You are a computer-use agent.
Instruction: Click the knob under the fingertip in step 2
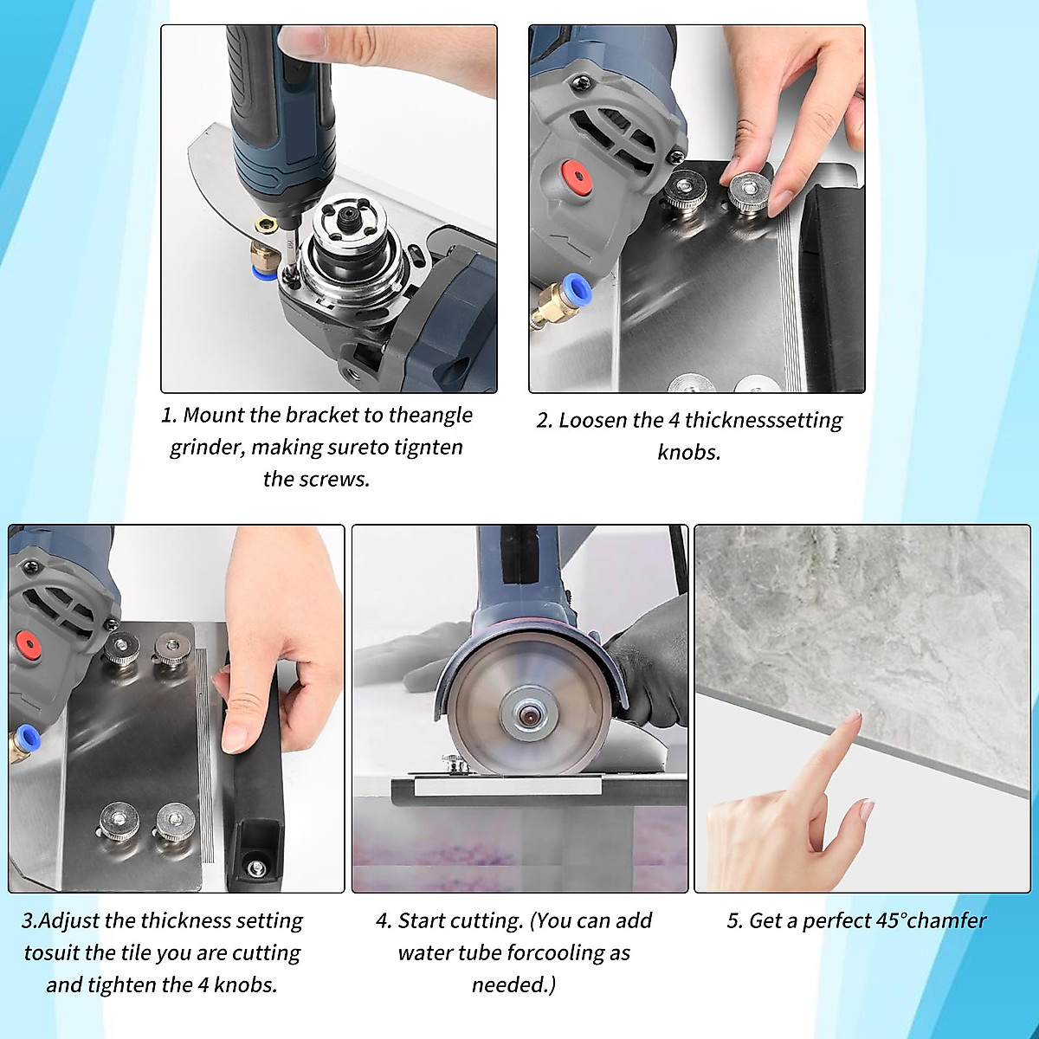coord(749,190)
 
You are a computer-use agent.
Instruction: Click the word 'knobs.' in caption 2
coord(689,452)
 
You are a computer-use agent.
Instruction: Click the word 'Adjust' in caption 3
coord(68,920)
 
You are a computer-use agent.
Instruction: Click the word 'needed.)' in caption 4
coord(514,984)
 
